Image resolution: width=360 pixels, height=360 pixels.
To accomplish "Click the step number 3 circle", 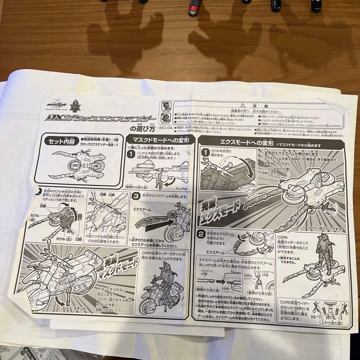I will (x=136, y=196).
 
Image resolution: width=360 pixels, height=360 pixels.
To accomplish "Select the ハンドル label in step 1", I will (x=179, y=189).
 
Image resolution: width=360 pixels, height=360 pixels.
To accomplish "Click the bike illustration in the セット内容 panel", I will (x=82, y=163).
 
